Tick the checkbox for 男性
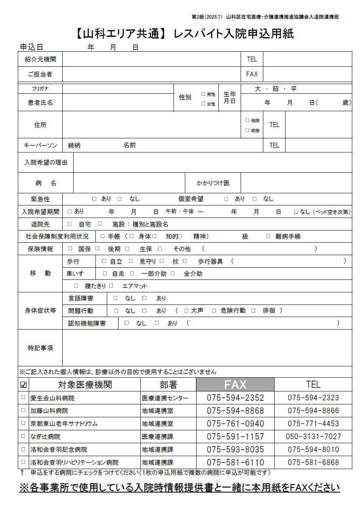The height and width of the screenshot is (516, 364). tap(203, 94)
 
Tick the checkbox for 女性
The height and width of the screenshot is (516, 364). tap(203, 104)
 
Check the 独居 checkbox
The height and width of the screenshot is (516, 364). tap(247, 120)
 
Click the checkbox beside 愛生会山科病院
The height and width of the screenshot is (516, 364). tap(23, 398)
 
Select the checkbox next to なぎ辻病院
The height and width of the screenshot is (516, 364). tap(23, 436)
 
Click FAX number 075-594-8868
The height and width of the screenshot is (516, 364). tap(235, 411)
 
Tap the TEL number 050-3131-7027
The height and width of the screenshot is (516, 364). tap(313, 437)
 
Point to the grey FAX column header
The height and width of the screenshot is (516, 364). tap(235, 384)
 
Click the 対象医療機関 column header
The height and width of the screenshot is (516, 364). tap(85, 384)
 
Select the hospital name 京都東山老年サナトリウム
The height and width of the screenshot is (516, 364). tap(64, 424)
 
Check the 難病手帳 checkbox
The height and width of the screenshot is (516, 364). tap(268, 236)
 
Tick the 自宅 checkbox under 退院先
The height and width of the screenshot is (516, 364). tap(70, 224)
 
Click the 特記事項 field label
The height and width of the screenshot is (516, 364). tap(40, 348)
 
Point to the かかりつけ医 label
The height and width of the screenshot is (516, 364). tap(213, 183)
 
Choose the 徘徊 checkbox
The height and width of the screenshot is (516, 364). tap(254, 311)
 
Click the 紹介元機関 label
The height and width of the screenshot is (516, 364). tap(40, 59)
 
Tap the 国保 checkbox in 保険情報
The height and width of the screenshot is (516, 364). tap(70, 249)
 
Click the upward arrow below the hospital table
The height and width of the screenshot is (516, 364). tap(22, 472)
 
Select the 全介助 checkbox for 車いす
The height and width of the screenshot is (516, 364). tap(172, 273)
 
